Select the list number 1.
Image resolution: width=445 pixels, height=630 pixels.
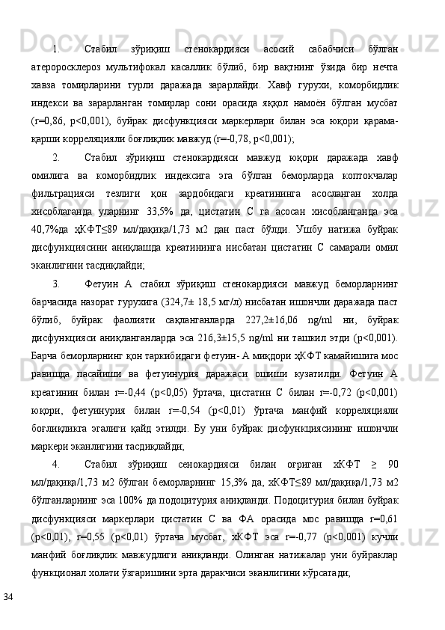(56, 49)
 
